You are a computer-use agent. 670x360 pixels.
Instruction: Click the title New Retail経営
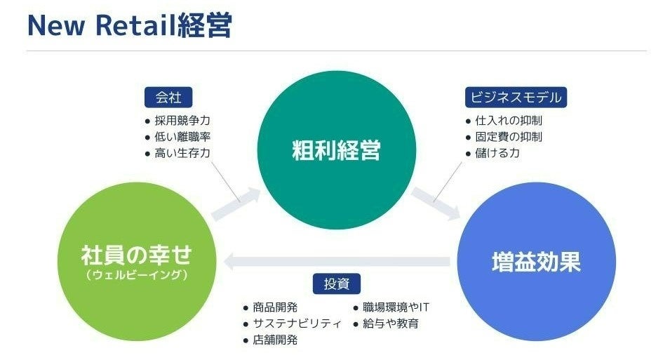click(129, 25)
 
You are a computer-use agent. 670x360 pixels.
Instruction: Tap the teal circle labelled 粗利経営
click(336, 150)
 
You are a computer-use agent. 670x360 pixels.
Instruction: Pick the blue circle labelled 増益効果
click(536, 262)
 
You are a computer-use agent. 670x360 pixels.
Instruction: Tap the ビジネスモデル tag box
click(515, 98)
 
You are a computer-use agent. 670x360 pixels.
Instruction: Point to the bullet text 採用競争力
click(182, 121)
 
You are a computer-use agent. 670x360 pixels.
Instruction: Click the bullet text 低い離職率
click(182, 137)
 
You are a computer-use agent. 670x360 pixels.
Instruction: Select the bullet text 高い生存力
click(182, 153)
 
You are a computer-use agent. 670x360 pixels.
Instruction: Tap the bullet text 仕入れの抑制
click(508, 121)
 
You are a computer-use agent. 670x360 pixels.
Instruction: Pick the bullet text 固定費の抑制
click(508, 137)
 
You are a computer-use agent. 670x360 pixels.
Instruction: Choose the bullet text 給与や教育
click(390, 324)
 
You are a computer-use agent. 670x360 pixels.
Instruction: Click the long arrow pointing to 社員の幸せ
click(337, 262)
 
